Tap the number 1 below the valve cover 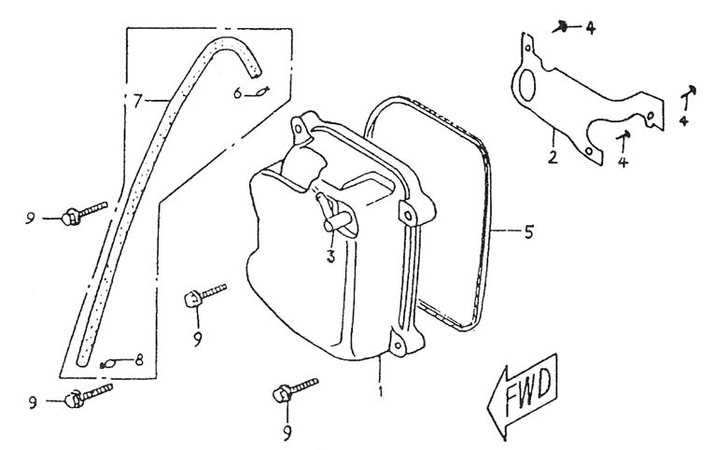click(x=381, y=391)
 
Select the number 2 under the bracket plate click(x=552, y=157)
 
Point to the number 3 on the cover click(x=330, y=256)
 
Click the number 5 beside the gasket click(x=529, y=232)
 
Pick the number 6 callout click(x=237, y=93)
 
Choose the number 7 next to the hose click(x=136, y=101)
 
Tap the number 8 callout click(x=139, y=360)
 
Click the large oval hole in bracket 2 click(x=527, y=86)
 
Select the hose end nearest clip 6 click(x=255, y=71)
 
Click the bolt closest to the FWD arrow click(x=295, y=389)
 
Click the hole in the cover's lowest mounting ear click(x=398, y=345)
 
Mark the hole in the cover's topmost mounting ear click(x=299, y=126)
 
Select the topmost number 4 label click(x=590, y=28)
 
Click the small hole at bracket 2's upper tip click(x=527, y=48)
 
